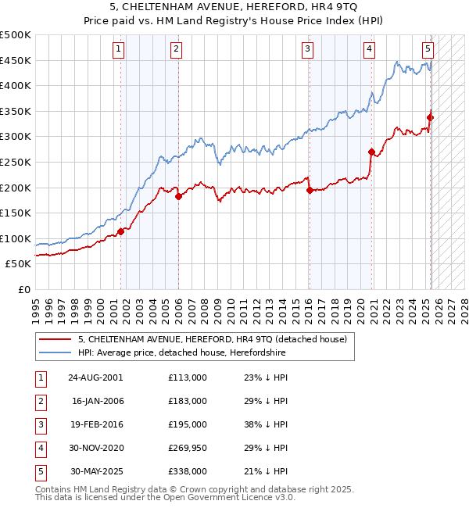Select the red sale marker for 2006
coord(178,196)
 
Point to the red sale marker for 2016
coord(310,190)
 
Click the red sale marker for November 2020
coord(371,152)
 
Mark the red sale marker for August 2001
coord(121,231)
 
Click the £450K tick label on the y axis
coord(16,61)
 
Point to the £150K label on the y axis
coord(16,213)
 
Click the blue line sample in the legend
coord(55,353)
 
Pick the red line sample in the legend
coord(55,339)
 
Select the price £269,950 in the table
coord(188,448)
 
